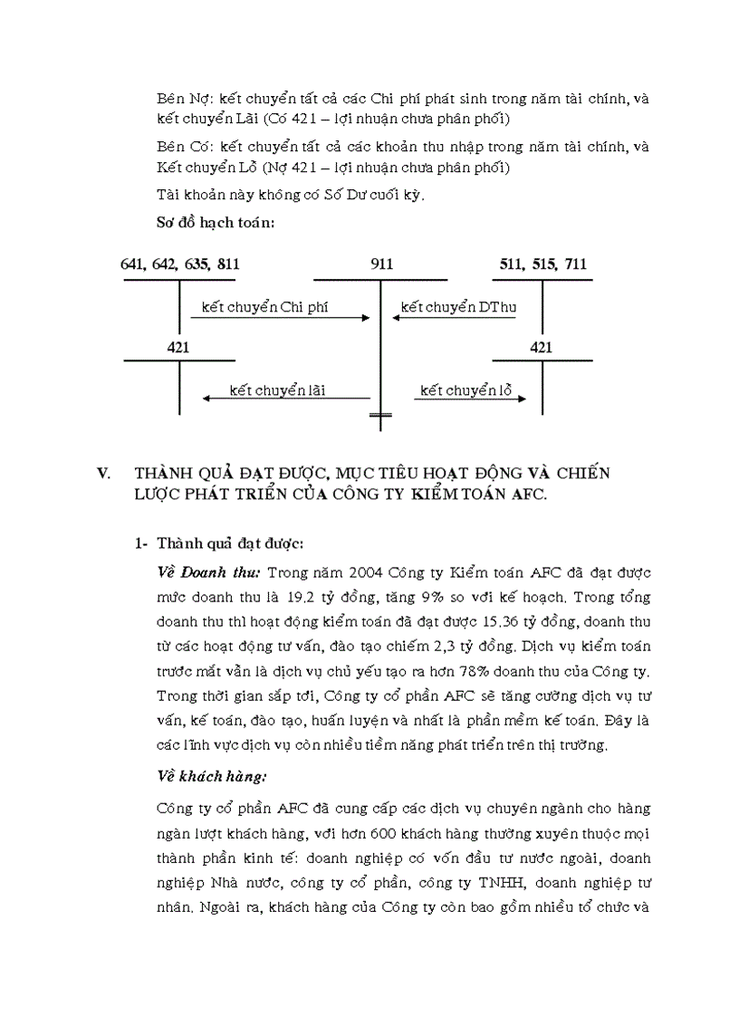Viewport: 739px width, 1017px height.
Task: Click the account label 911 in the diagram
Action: click(381, 264)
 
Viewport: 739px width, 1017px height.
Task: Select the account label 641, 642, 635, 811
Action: click(180, 264)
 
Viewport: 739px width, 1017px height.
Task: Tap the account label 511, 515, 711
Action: click(542, 264)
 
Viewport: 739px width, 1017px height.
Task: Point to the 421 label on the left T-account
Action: click(179, 348)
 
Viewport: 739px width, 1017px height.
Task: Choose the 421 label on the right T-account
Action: click(541, 348)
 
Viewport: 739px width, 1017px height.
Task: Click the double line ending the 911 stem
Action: click(381, 417)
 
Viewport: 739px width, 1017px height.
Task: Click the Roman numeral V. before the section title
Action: click(103, 474)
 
